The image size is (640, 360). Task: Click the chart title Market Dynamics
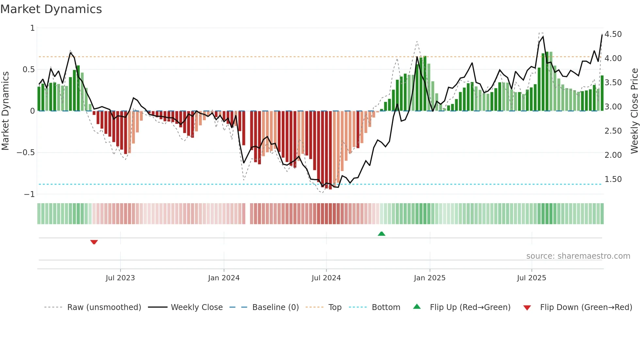pos(51,9)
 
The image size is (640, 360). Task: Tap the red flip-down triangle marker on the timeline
pos(94,242)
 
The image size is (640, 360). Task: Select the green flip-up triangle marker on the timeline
pos(381,234)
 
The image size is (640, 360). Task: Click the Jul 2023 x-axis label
pos(120,278)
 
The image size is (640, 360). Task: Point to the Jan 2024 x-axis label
pos(224,278)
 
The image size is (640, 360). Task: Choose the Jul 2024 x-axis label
pos(326,278)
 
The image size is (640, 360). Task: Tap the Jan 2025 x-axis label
pos(429,278)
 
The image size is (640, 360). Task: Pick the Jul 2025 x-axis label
pos(531,278)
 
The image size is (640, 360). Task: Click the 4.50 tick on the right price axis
pos(613,34)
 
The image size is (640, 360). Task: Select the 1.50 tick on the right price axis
pos(613,179)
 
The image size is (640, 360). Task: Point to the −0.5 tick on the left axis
pos(25,153)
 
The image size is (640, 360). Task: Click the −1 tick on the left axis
pos(29,194)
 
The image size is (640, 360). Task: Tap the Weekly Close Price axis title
pos(634,111)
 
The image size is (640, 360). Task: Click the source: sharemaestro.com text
pos(578,256)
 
